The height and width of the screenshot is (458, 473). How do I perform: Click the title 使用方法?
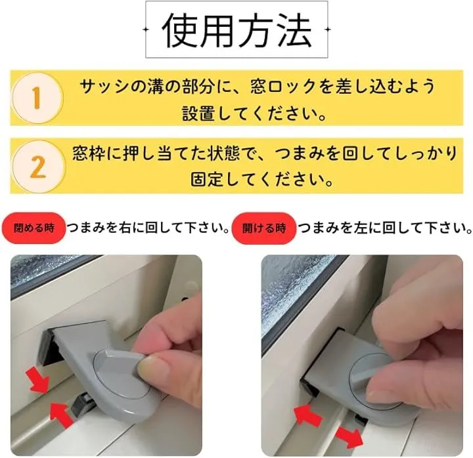(236, 30)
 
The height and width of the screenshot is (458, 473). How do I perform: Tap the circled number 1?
(37, 98)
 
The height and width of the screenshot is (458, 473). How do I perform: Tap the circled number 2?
(38, 167)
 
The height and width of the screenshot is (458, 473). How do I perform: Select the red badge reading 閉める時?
(34, 228)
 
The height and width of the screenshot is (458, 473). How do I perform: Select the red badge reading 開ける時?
(264, 228)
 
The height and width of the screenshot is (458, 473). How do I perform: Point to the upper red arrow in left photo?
(37, 381)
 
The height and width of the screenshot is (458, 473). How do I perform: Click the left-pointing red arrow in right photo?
(307, 415)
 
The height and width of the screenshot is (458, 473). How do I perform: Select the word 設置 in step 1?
(198, 114)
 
